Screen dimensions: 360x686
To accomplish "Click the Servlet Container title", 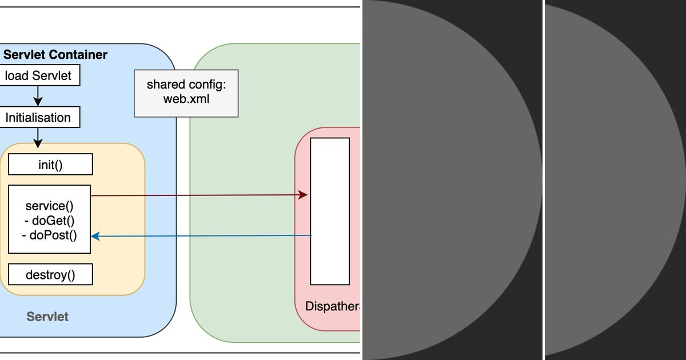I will (x=55, y=55).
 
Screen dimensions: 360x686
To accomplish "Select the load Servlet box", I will (x=39, y=75).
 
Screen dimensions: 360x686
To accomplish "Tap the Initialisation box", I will (x=39, y=118).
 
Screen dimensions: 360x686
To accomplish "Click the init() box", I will (x=50, y=165).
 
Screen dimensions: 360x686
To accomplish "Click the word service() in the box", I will (x=50, y=206).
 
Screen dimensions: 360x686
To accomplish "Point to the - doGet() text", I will (x=50, y=220).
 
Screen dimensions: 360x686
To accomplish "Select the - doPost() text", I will (x=50, y=234).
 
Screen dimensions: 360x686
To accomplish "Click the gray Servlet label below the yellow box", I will (x=47, y=317).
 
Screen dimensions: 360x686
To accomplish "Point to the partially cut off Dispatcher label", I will (x=332, y=306).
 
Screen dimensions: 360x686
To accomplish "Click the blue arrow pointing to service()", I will (x=200, y=235).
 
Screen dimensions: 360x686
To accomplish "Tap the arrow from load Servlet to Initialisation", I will (x=38, y=95).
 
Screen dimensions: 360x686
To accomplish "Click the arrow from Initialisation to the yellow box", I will (x=38, y=137).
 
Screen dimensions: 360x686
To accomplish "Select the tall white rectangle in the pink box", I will (x=330, y=211).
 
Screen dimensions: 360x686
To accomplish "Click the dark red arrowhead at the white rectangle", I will (x=304, y=195).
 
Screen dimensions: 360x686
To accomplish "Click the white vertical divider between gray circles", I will (x=543, y=180).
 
